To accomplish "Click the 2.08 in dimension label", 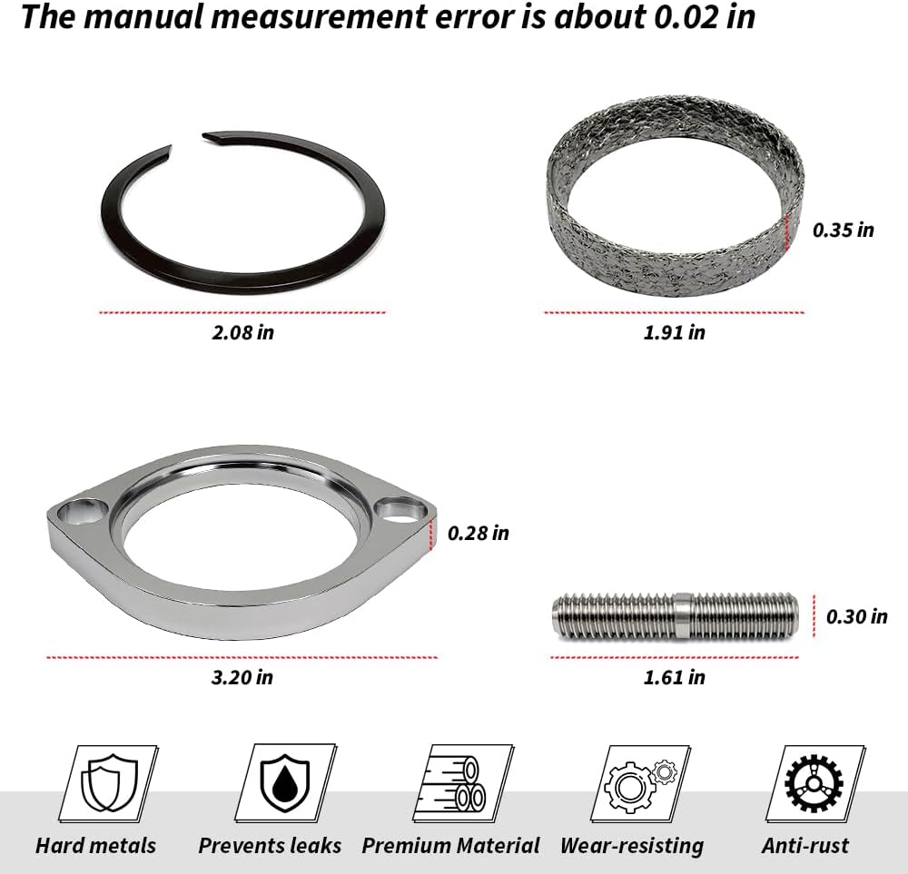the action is point(242,332).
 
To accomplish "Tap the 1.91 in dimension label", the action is point(675,332).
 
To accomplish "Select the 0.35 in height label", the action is point(844,230).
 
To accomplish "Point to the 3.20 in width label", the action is point(242,677).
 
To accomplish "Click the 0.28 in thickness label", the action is point(479,533).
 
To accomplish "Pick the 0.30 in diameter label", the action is point(856,616).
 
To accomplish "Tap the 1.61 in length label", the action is point(675,677).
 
